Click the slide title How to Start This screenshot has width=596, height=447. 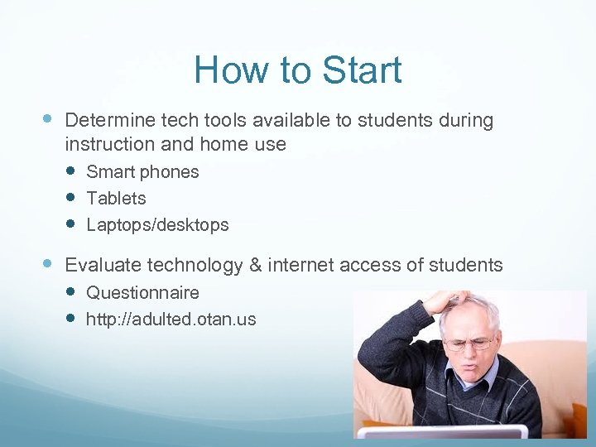297,70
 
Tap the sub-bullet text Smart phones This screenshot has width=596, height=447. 142,172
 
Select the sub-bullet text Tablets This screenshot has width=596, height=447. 116,199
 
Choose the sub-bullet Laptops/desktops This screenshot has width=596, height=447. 157,225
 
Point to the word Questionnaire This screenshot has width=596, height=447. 142,293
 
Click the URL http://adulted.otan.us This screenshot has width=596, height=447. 171,319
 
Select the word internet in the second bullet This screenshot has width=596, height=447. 303,265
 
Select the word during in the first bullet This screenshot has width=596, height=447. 465,121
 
